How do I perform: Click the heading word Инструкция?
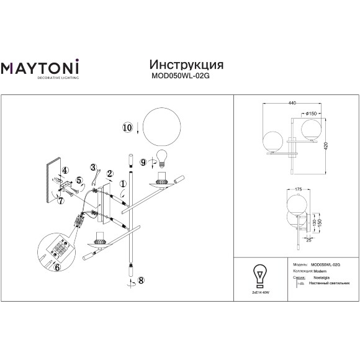(187, 65)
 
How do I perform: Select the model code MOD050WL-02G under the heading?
(187, 78)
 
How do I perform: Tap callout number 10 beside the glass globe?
(127, 128)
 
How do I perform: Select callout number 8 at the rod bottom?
(142, 280)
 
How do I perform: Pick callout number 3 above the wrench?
(93, 167)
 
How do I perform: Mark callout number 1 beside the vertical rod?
(123, 184)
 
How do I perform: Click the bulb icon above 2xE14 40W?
(259, 274)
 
